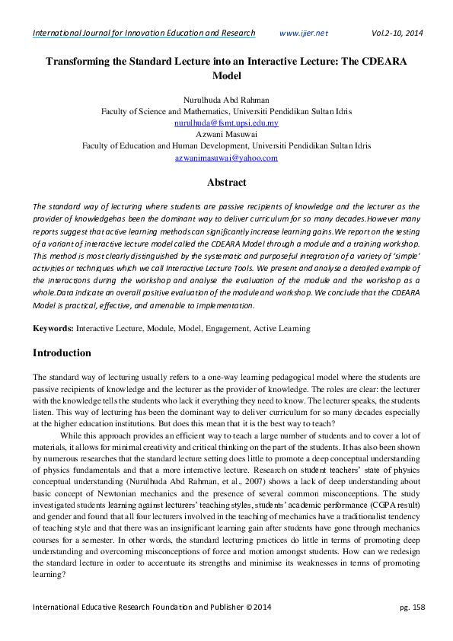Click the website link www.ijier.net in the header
click(x=304, y=33)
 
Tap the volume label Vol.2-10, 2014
click(x=397, y=33)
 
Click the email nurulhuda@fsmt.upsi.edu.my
click(x=226, y=122)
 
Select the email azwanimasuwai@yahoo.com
click(x=226, y=158)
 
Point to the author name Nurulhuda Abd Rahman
click(x=226, y=98)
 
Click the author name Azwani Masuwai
click(x=226, y=134)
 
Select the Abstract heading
click(x=226, y=183)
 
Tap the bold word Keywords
click(x=52, y=328)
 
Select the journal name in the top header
click(x=144, y=33)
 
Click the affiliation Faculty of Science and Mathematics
click(x=162, y=110)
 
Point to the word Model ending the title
click(x=226, y=76)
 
